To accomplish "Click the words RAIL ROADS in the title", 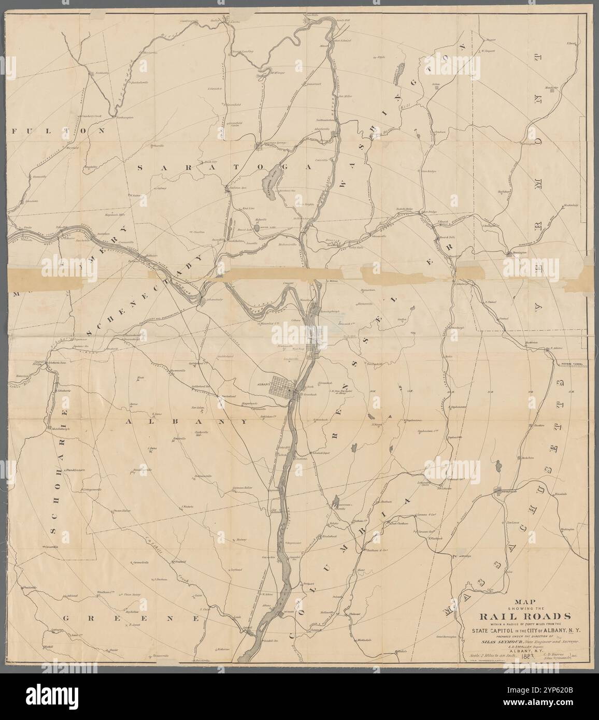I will coord(524,616).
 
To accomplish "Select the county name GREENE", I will coord(129,619).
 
